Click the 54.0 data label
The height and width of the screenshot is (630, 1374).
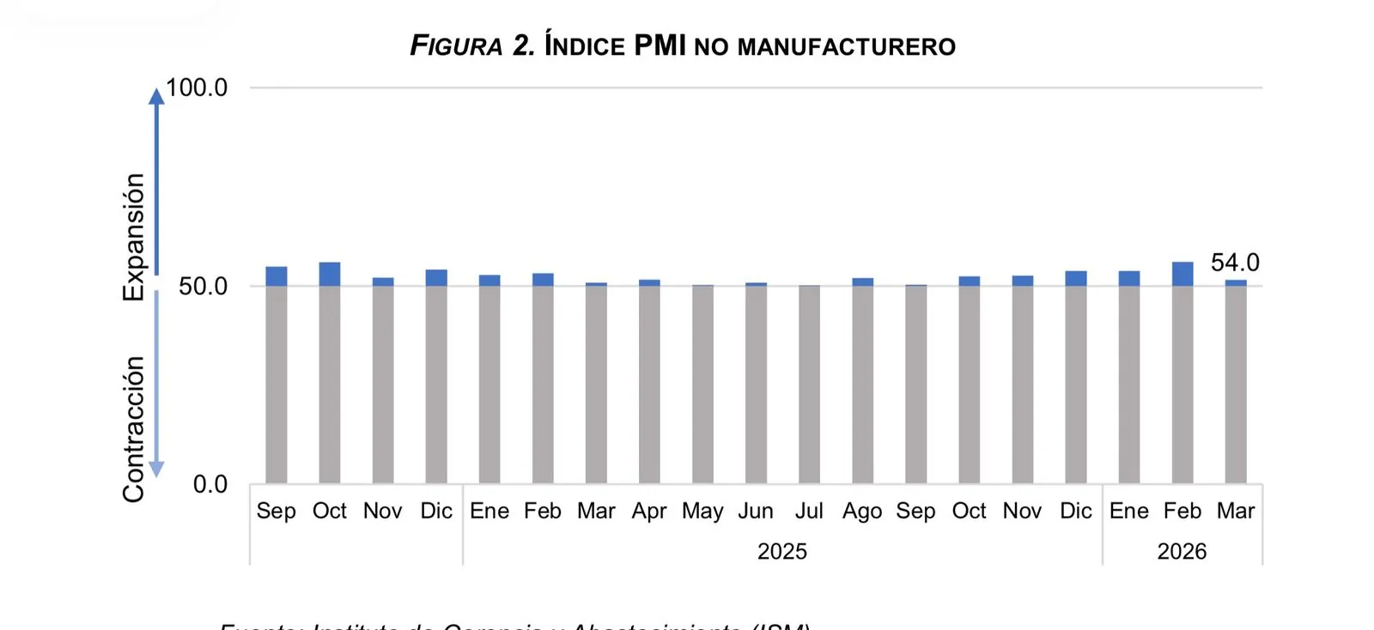(1234, 263)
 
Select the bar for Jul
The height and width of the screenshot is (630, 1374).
(809, 384)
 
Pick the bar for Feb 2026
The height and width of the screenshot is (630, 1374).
(1182, 373)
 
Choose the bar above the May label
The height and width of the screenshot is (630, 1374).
(702, 384)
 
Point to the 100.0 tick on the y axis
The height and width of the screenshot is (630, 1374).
(197, 88)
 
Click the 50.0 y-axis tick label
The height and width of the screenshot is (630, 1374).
(203, 286)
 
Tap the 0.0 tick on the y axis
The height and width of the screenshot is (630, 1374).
(210, 484)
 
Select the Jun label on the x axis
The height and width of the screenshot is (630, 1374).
(756, 511)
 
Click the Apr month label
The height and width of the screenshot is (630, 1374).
(649, 511)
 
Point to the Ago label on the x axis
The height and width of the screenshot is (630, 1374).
(862, 511)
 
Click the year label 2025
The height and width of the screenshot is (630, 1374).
(781, 551)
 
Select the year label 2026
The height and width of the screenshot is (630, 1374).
(1182, 551)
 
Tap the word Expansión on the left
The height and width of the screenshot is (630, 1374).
(134, 237)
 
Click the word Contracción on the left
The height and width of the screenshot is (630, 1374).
(134, 428)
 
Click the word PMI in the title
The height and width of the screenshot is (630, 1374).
(660, 45)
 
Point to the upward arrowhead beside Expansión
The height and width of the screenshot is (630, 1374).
(156, 95)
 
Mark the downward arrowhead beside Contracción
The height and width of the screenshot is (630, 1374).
(156, 469)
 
